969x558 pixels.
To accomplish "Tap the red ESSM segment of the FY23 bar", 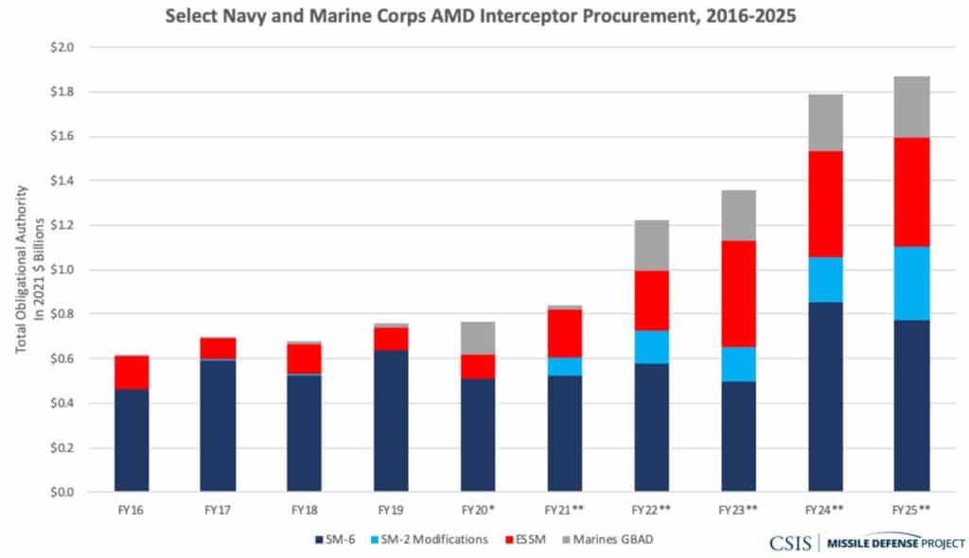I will [738, 293].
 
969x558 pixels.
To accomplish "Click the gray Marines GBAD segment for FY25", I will [911, 107].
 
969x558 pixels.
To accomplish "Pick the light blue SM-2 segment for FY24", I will [825, 279].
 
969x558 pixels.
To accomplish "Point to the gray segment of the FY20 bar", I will [478, 338].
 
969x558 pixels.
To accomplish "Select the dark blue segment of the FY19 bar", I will [391, 421].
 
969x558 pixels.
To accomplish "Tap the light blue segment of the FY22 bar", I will [652, 346].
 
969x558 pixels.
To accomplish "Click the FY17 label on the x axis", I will [218, 510].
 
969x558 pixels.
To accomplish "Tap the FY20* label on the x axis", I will [478, 510].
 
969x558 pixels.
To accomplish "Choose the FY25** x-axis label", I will [911, 510].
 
